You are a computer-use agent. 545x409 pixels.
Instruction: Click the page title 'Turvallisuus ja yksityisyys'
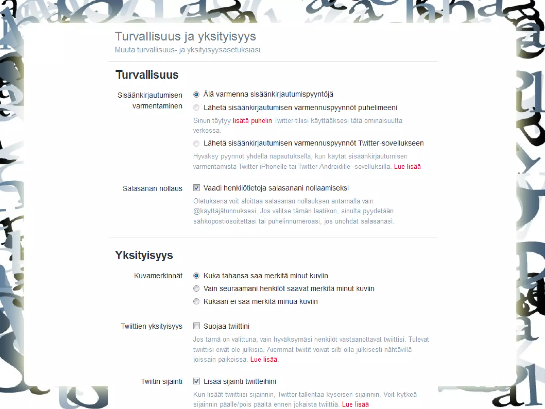[x=185, y=37]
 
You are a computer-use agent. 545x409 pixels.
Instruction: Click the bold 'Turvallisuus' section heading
[x=147, y=75]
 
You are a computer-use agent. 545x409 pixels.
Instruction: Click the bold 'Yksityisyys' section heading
[x=144, y=255]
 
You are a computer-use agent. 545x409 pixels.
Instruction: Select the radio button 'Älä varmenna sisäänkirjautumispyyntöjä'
[x=196, y=94]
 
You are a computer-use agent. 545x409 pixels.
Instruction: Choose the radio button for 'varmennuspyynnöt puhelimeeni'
[x=196, y=108]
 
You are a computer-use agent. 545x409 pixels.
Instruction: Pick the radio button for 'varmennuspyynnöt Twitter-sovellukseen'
[x=196, y=144]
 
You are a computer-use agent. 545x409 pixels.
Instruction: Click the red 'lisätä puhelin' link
[x=252, y=121]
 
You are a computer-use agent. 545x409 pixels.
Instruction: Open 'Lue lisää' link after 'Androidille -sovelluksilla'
[x=407, y=167]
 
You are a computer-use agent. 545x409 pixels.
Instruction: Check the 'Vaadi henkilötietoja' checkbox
[x=197, y=188]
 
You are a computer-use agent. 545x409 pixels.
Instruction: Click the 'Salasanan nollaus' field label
[x=152, y=189]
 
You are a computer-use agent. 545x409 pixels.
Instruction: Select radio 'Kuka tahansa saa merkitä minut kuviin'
[x=196, y=276]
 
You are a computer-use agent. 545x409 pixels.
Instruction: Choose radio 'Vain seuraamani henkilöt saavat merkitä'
[x=196, y=289]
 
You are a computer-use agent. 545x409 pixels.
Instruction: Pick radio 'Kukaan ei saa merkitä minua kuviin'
[x=196, y=302]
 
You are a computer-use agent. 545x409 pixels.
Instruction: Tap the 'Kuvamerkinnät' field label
[x=158, y=276]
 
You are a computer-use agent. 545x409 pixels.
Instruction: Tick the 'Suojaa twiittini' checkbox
[x=197, y=326]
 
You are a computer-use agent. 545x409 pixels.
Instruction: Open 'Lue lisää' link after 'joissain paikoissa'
[x=264, y=359]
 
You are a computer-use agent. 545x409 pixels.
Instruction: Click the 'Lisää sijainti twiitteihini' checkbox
[x=197, y=381]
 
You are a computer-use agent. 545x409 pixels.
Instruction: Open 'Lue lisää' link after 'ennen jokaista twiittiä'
[x=355, y=404]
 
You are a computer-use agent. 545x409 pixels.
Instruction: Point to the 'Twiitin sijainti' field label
[x=162, y=382]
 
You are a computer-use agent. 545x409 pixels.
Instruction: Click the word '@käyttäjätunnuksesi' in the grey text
[x=225, y=211]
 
